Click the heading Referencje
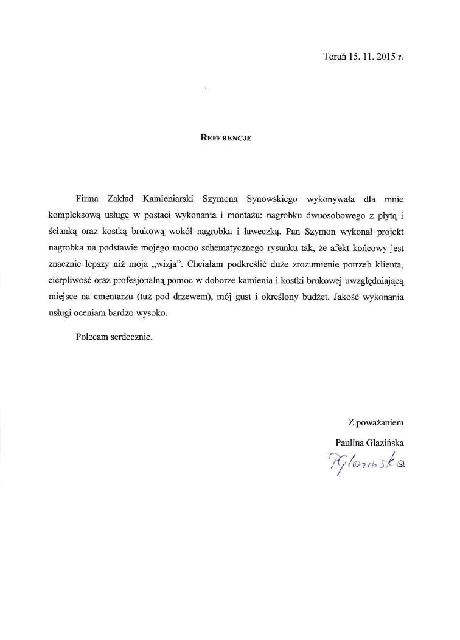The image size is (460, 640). (226, 138)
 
